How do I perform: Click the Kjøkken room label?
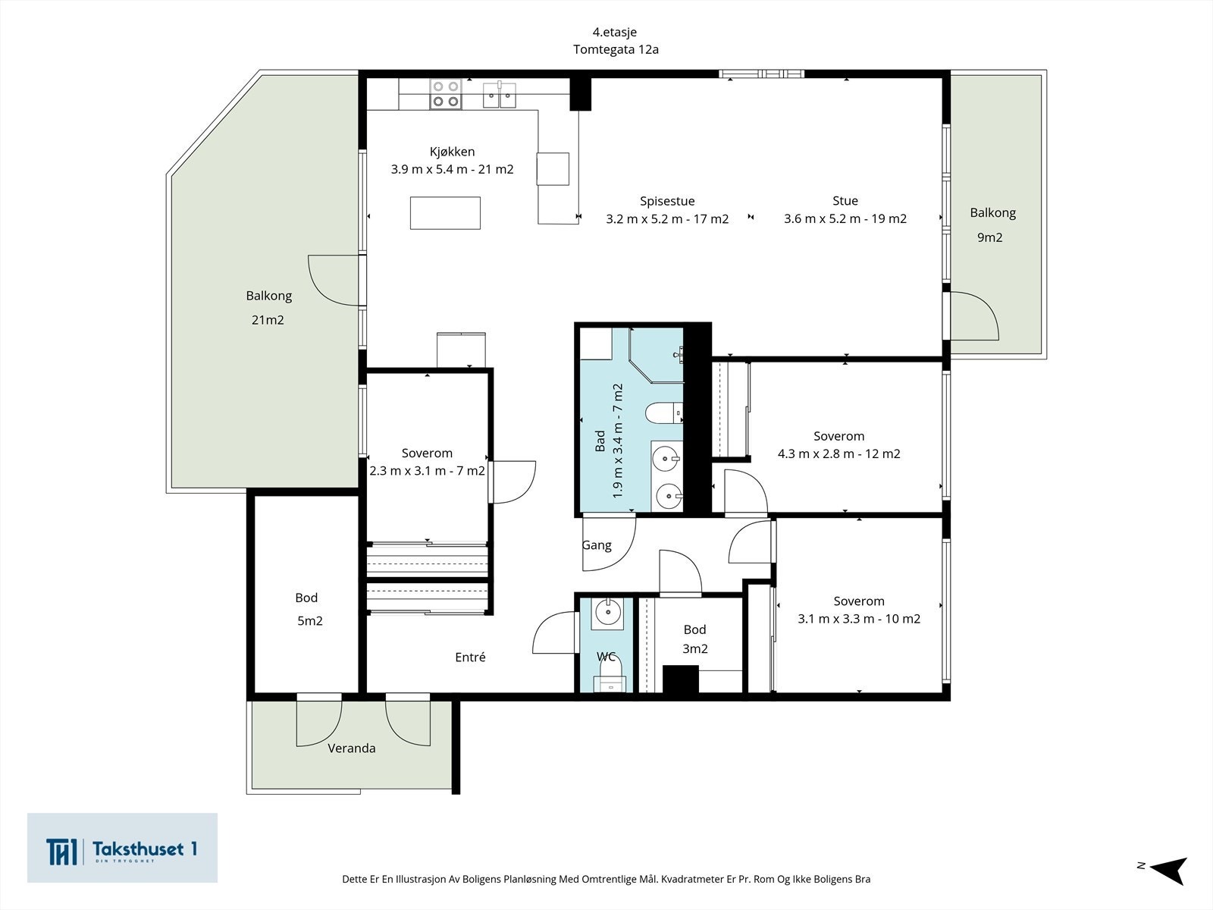[452, 152]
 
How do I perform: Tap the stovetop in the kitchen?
[446, 94]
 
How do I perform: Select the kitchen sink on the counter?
[500, 95]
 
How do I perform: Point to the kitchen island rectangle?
[445, 213]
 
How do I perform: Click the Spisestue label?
[667, 201]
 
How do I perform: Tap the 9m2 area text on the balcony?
[990, 237]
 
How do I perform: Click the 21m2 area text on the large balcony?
[268, 320]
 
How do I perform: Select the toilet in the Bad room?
[663, 413]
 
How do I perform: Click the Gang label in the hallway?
[597, 545]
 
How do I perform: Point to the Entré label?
[470, 657]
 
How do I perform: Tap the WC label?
[606, 657]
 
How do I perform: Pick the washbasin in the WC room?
[607, 613]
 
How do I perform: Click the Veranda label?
[352, 748]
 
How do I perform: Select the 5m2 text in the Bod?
[309, 621]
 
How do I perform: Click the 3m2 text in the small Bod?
[694, 648]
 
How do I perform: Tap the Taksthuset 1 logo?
[122, 848]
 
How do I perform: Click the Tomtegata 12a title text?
[616, 50]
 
